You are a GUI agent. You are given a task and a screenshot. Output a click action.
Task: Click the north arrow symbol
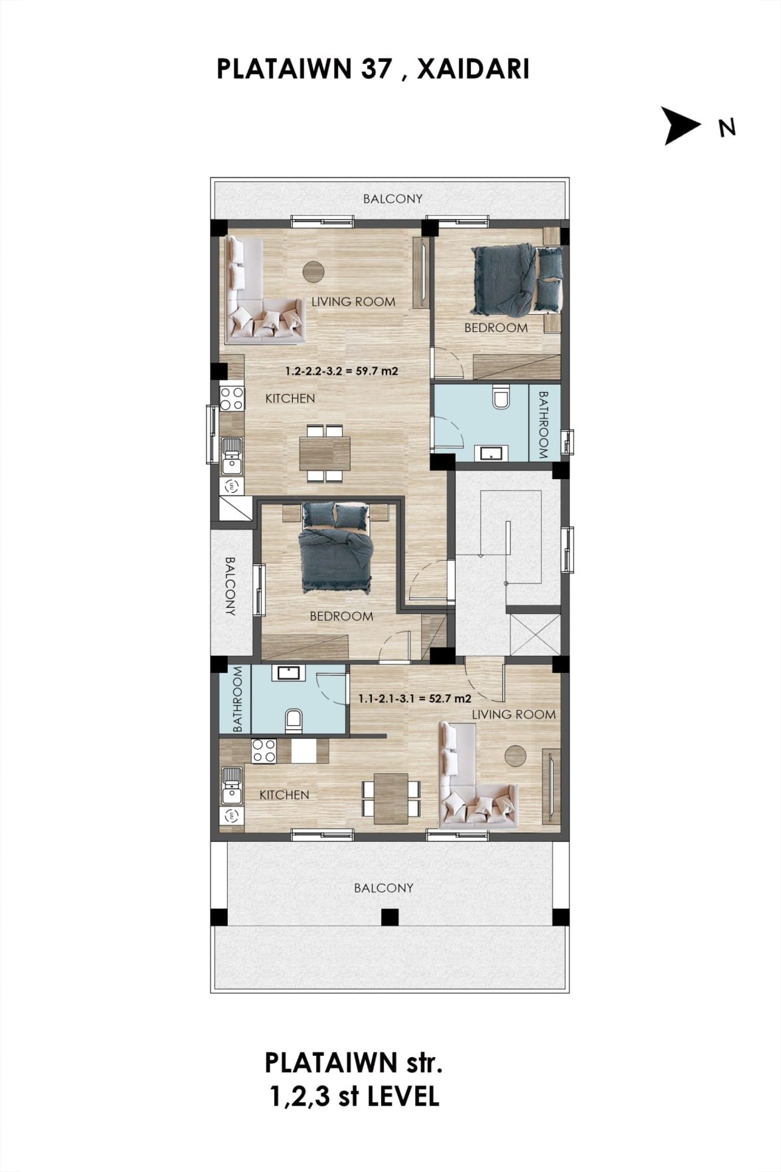(x=680, y=126)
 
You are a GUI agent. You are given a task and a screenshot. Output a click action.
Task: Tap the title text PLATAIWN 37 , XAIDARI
(x=373, y=69)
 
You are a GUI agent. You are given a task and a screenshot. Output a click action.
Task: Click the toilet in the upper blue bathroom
(x=501, y=397)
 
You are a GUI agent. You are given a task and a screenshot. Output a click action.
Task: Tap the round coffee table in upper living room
(x=313, y=271)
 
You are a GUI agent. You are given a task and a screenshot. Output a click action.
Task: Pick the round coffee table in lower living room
(x=515, y=755)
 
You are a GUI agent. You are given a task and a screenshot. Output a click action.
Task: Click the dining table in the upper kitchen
(x=325, y=452)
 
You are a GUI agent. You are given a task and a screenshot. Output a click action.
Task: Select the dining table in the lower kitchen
(x=391, y=798)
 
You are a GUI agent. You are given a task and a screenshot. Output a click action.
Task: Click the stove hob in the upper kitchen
(x=232, y=399)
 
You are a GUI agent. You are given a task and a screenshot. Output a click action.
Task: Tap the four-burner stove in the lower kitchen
(x=264, y=751)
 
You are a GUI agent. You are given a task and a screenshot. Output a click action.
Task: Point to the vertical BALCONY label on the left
(x=230, y=586)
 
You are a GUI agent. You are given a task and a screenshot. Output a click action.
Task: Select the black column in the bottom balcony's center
(x=390, y=918)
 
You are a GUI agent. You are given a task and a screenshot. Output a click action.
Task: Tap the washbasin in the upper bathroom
(x=492, y=453)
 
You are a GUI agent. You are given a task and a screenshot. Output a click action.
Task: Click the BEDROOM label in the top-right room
(x=496, y=328)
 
